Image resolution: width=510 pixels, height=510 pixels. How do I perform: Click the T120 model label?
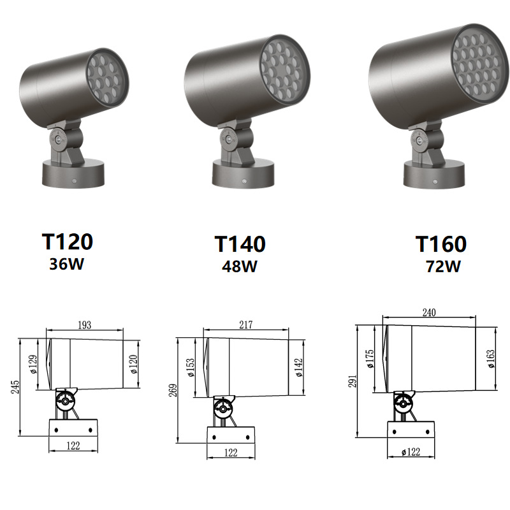tap(68, 242)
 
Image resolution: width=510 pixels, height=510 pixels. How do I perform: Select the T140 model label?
tap(240, 244)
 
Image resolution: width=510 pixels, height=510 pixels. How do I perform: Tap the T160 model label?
tap(441, 244)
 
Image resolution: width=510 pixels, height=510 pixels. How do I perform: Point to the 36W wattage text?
tap(67, 264)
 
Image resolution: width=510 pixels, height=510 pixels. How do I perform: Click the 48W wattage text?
tap(240, 266)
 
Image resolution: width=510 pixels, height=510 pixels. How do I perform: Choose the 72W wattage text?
tap(443, 266)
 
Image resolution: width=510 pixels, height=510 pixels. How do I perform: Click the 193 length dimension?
tap(85, 325)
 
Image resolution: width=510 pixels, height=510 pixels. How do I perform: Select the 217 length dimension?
tap(246, 324)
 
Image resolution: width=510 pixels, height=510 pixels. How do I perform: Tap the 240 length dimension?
tap(429, 312)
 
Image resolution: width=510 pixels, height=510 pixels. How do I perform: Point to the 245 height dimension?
tap(15, 387)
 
